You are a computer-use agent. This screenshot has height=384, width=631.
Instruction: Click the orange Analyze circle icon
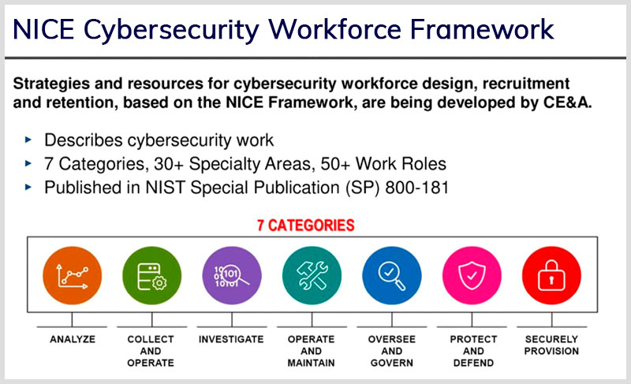tap(72, 275)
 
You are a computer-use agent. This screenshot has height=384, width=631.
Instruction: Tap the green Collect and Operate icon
tap(151, 275)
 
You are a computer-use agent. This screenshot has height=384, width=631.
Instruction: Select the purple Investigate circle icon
tap(232, 275)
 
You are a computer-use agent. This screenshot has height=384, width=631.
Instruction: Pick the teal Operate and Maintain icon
tap(312, 275)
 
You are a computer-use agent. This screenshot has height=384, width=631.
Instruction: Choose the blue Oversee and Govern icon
tap(391, 275)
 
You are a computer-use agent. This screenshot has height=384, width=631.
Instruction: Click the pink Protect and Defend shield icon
tap(472, 275)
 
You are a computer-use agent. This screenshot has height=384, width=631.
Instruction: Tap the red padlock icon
tap(551, 275)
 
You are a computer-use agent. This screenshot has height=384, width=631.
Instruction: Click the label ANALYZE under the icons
tap(73, 339)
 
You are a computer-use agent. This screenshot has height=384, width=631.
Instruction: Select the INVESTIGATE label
tap(231, 339)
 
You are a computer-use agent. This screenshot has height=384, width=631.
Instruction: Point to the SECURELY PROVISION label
tap(551, 345)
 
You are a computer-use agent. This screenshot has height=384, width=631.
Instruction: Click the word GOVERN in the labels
tap(391, 363)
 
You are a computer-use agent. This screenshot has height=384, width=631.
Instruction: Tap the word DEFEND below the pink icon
tap(473, 363)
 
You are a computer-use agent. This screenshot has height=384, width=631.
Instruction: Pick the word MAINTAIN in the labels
tap(311, 363)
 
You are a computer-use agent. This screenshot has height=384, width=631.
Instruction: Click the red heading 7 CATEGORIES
tap(306, 226)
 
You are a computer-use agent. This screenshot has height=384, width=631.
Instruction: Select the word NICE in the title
tap(43, 29)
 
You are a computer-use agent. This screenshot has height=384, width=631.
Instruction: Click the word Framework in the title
tap(482, 29)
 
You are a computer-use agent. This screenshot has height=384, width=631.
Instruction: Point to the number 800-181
tap(417, 188)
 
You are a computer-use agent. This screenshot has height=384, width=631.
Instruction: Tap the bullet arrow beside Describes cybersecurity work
tap(28, 140)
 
